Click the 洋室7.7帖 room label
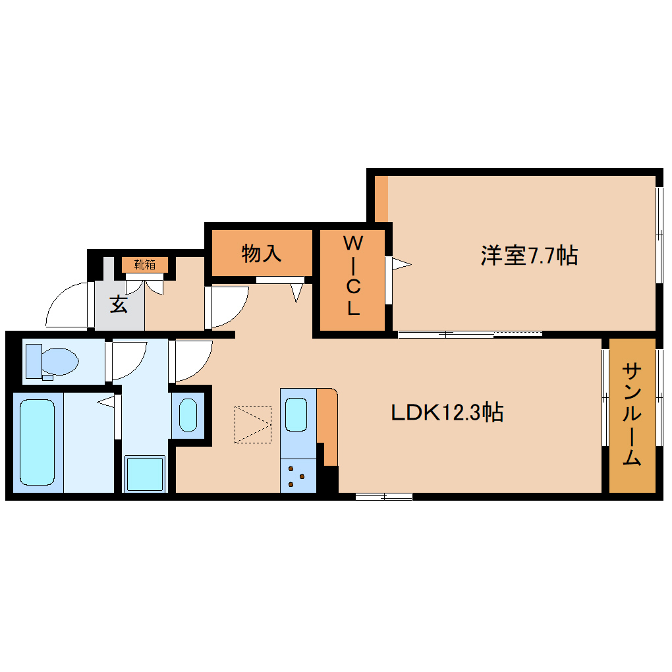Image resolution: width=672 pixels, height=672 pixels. coord(529,254)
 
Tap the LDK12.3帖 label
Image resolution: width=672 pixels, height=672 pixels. coord(447,413)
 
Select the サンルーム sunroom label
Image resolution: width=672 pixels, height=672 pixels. coord(632,414)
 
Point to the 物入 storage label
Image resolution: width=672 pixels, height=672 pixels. coord(262,252)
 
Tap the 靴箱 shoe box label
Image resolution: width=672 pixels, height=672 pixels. coord(145,265)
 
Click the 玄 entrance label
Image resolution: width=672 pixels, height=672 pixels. coord(119,304)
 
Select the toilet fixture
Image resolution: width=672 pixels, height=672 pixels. coord(51,362)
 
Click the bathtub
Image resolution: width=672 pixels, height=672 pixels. coord(37,442)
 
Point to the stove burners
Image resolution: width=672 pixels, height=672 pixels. coord(296,477)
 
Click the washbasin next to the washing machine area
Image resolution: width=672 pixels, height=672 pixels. coord(188,414)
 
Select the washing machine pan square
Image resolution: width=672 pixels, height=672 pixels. coord(144,474)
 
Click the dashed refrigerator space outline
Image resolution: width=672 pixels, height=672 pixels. coord(252,425)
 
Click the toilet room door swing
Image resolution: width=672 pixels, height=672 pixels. coord(128,360)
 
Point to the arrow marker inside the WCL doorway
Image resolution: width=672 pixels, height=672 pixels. coord(401,265)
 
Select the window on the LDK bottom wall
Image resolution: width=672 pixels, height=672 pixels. coord(383,496)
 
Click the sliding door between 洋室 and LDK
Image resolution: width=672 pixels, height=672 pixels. coord(470,333)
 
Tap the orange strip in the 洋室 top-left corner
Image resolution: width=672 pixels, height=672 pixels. coord(381,198)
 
